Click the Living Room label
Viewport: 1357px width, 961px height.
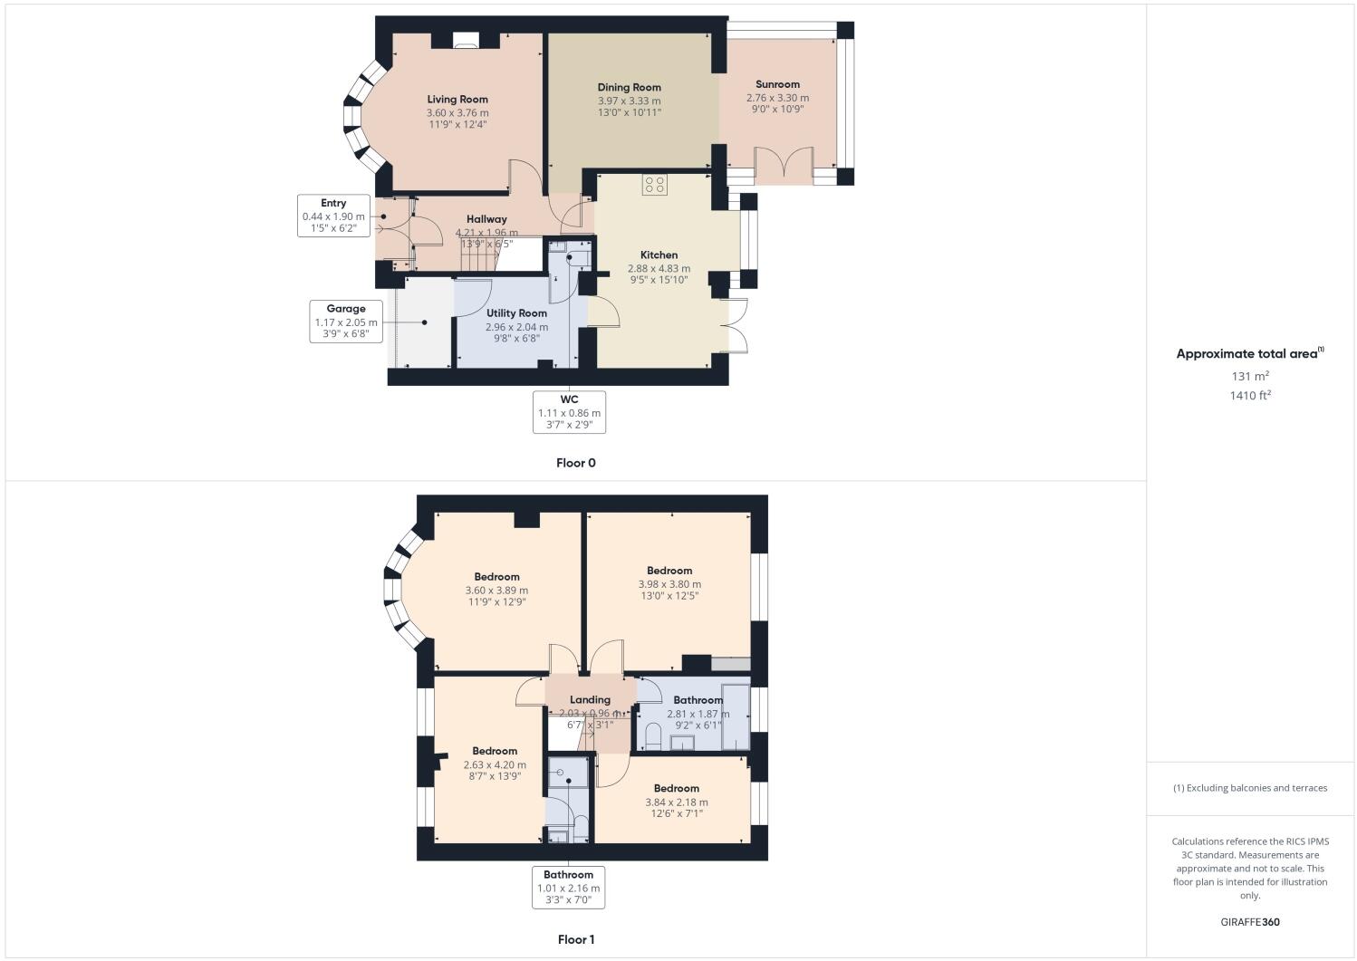coord(457,100)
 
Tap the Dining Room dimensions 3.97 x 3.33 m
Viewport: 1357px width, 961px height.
coord(629,101)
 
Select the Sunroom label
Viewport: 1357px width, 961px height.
coord(777,84)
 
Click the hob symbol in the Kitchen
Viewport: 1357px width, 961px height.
coord(654,185)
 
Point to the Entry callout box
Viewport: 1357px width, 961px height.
coord(333,216)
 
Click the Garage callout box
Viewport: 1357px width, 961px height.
coord(346,322)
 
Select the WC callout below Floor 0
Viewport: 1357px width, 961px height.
coord(569,412)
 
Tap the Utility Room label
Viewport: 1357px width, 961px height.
coord(516,313)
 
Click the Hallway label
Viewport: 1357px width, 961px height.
coord(486,219)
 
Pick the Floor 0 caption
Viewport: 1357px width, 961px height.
coord(576,463)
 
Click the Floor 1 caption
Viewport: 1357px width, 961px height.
coord(576,939)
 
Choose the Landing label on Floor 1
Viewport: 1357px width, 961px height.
coord(590,699)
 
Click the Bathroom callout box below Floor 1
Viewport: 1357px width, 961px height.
coord(568,888)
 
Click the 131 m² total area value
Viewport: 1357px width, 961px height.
coord(1249,376)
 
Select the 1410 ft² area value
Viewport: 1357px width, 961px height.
coord(1249,395)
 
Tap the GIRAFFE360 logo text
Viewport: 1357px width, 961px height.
coord(1249,922)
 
